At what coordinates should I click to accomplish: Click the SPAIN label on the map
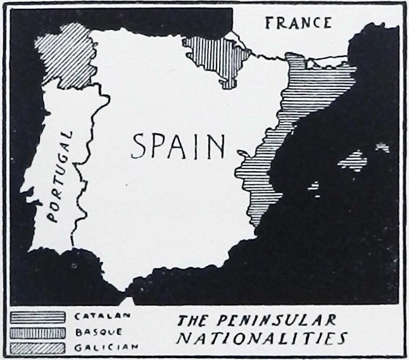[179, 146]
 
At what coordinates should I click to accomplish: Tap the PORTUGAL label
[62, 177]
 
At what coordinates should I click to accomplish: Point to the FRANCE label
[298, 23]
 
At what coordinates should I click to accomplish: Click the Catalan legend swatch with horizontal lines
[39, 315]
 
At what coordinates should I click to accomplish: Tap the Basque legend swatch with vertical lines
[39, 331]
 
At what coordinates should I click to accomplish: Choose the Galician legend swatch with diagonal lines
[39, 347]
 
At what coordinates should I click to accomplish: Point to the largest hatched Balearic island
[353, 160]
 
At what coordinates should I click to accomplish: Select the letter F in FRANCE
[269, 23]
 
